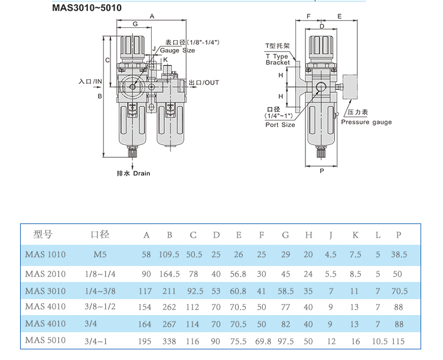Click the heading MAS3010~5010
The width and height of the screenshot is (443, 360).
click(87, 8)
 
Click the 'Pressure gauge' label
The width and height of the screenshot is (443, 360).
click(366, 122)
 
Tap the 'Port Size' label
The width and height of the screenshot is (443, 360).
click(280, 125)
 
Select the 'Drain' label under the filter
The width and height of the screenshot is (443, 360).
click(142, 173)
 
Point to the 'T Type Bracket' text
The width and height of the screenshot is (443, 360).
click(278, 59)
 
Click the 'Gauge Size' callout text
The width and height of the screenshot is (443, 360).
click(177, 50)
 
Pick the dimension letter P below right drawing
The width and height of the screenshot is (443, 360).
click(321, 171)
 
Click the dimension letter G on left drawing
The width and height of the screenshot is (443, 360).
click(135, 24)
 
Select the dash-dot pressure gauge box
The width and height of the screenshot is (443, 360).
click(350, 87)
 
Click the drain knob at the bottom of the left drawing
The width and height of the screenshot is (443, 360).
click(132, 153)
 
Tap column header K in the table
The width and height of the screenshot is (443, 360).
click(355, 235)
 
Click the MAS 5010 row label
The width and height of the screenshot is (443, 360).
click(45, 340)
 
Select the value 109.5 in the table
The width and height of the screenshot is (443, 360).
click(169, 255)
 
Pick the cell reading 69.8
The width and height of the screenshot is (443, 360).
click(263, 342)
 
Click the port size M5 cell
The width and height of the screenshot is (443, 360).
click(100, 255)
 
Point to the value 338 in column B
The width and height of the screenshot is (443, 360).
click(170, 342)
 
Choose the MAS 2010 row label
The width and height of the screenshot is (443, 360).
click(45, 274)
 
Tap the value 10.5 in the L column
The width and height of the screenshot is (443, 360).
click(380, 342)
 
